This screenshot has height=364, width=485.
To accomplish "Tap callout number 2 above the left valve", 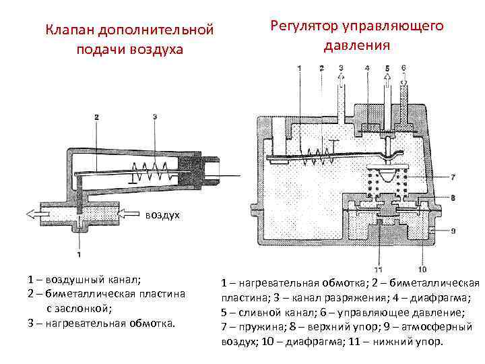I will pos(97,117).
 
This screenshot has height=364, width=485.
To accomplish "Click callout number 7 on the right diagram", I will pos(452,177).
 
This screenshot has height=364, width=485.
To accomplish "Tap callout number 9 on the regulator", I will pos(453,231).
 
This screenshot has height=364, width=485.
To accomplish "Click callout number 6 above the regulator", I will pos(403,68).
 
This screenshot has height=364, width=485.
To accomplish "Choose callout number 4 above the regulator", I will pos(367,68).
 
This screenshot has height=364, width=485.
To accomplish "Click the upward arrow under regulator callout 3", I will pos(341,82).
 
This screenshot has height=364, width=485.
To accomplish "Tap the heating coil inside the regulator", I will pos(312,155).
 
